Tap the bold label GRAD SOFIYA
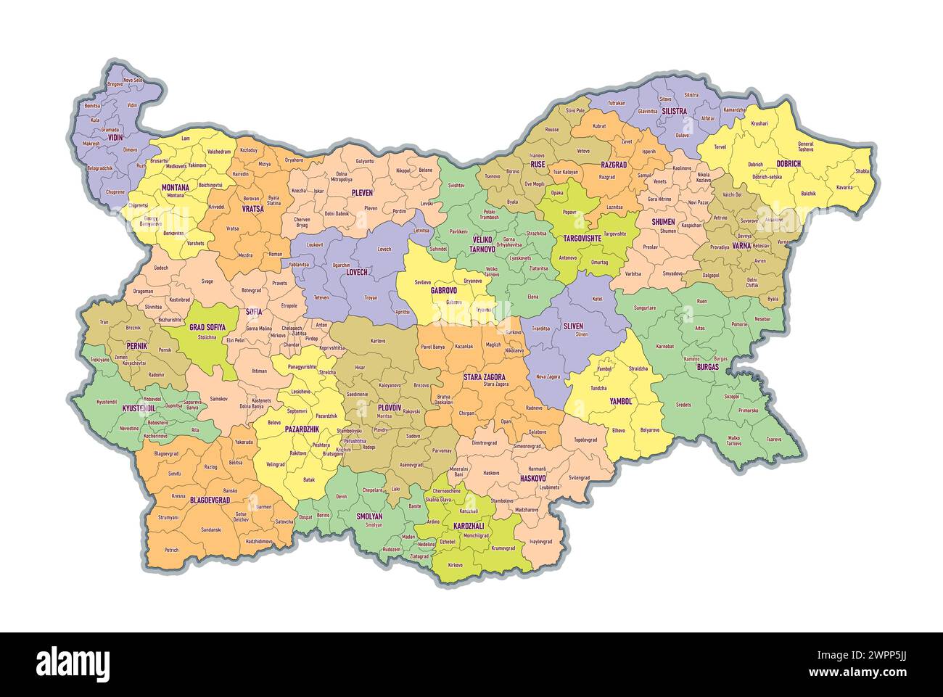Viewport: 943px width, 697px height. click(x=207, y=327)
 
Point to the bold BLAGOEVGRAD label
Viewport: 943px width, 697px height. click(x=210, y=500)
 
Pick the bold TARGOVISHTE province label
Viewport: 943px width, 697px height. click(x=582, y=238)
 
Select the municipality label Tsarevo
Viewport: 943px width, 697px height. click(x=774, y=439)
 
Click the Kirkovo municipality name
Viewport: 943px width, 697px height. click(x=455, y=564)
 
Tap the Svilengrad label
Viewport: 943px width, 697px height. click(x=580, y=478)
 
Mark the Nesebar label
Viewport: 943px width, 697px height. click(x=762, y=319)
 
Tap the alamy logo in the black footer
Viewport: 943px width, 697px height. click(x=73, y=664)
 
